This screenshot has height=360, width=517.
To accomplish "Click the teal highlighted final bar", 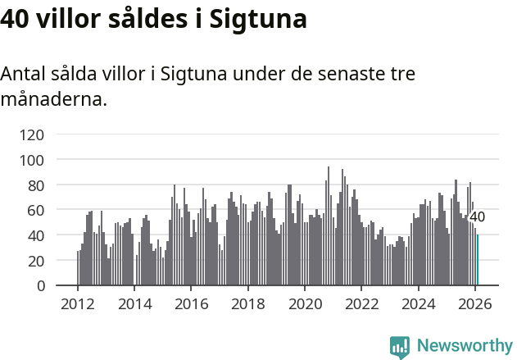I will pyautogui.click(x=478, y=260).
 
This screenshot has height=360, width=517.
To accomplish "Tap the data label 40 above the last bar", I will pyautogui.click(x=477, y=217).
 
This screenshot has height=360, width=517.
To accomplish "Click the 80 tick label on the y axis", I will pyautogui.click(x=36, y=185).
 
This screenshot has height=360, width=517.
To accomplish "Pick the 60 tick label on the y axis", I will pyautogui.click(x=36, y=211).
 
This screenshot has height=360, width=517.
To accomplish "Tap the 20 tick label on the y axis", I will pyautogui.click(x=36, y=261).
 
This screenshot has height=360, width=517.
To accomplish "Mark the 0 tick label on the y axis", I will pyautogui.click(x=40, y=286).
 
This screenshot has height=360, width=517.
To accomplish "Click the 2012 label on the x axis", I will pyautogui.click(x=78, y=303).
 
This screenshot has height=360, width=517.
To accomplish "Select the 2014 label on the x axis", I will pyautogui.click(x=134, y=303).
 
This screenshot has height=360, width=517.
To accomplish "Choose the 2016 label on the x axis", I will pyautogui.click(x=191, y=303).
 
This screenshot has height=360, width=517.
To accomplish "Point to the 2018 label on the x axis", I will pyautogui.click(x=247, y=303).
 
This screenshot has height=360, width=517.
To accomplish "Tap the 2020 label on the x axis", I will pyautogui.click(x=305, y=303).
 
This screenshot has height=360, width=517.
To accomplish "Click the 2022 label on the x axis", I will pyautogui.click(x=361, y=303).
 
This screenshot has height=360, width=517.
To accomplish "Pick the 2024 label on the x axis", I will pyautogui.click(x=418, y=303).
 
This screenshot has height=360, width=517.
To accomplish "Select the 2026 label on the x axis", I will pyautogui.click(x=474, y=303).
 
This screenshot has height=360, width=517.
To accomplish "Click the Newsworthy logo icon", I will pyautogui.click(x=400, y=347).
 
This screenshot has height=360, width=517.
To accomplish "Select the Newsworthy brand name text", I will pyautogui.click(x=464, y=346).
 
